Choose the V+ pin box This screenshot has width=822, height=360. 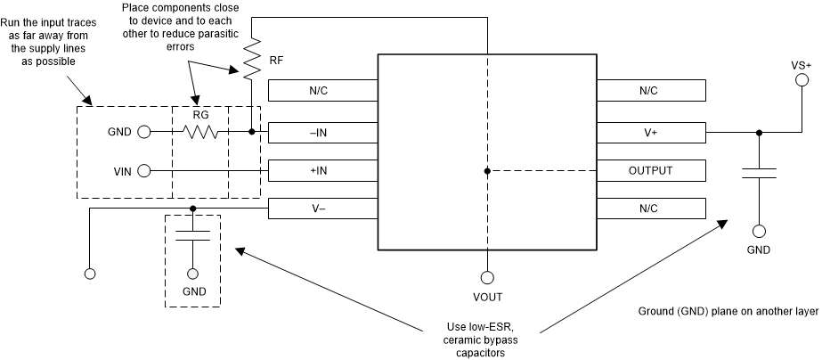(651, 132)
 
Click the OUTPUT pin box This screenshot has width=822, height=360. (651, 170)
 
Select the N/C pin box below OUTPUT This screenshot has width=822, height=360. (651, 208)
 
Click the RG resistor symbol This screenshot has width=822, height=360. (200, 132)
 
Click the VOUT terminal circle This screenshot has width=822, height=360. (486, 277)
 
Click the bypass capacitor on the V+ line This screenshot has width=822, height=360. (759, 172)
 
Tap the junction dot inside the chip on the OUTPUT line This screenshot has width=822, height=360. (486, 170)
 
